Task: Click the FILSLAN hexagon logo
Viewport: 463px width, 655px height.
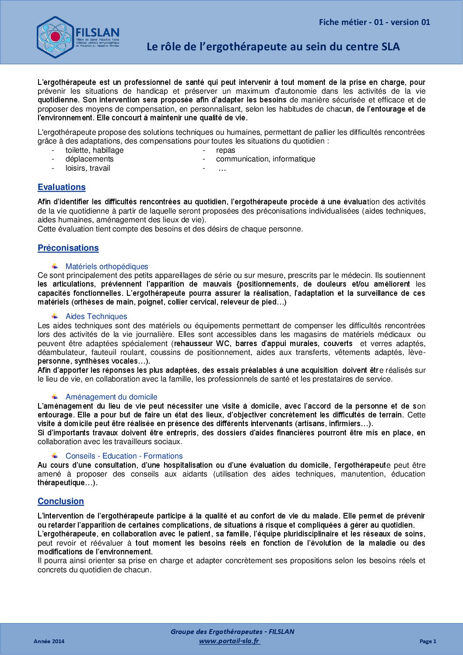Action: [x=55, y=37]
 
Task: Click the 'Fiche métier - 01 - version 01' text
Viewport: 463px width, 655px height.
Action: [x=374, y=22]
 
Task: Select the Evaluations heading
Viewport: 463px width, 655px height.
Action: [x=61, y=187]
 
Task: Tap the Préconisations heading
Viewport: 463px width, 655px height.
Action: [x=68, y=248]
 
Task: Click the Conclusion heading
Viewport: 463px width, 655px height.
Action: [x=60, y=501]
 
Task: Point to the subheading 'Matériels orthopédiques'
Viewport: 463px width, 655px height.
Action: [x=107, y=266]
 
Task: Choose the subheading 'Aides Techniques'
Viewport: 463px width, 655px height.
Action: [x=96, y=316]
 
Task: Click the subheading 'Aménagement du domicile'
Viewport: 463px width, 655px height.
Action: [x=111, y=397]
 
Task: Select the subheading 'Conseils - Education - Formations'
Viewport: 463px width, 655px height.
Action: [x=124, y=456]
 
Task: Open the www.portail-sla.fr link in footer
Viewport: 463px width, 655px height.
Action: [x=229, y=641]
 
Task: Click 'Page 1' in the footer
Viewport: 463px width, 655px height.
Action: [x=428, y=641]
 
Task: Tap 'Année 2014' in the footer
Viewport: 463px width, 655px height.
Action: [x=49, y=641]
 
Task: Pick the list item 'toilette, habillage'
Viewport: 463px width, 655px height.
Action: [x=95, y=150]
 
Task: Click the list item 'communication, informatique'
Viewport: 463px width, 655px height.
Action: [x=265, y=159]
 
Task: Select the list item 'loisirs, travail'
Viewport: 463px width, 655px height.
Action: [x=88, y=168]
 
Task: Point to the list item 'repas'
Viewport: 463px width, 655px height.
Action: [x=225, y=150]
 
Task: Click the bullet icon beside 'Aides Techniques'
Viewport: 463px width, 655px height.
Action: [x=55, y=316]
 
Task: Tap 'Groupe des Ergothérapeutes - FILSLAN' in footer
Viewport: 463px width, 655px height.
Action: [x=232, y=631]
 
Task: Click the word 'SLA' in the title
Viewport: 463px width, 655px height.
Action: [x=390, y=46]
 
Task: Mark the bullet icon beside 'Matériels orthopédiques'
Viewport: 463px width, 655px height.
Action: [x=55, y=266]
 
